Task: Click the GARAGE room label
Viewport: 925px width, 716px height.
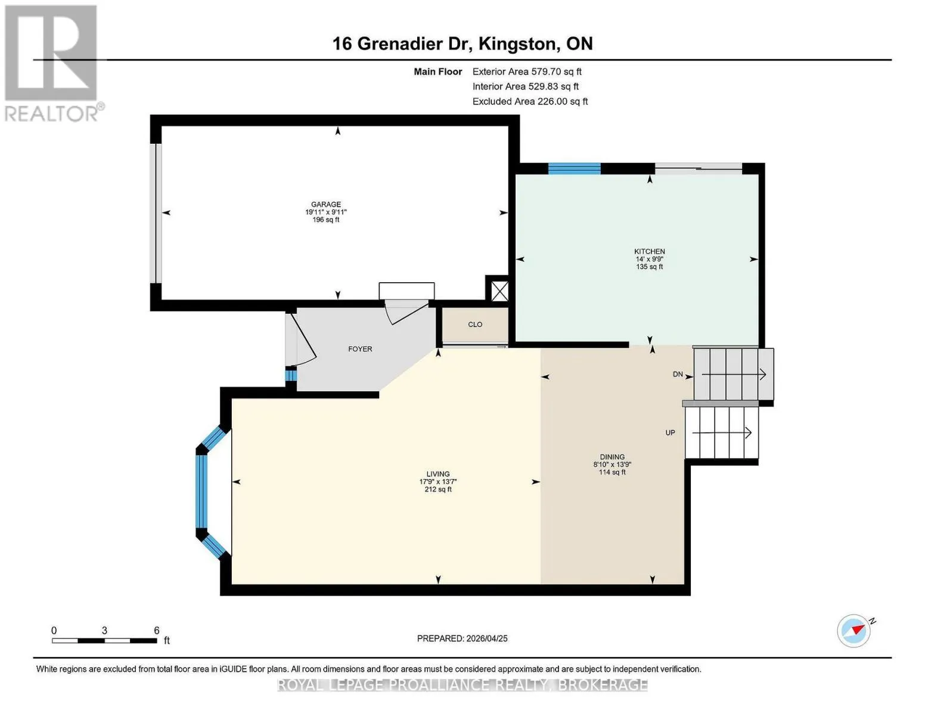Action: [325, 205]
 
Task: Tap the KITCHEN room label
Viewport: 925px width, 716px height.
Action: [649, 251]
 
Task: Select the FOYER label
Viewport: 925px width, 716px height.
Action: [360, 349]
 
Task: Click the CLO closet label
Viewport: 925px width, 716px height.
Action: [475, 325]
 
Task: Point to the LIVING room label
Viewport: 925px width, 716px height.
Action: [438, 474]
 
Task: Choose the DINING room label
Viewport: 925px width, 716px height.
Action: [612, 456]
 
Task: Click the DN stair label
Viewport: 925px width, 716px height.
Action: [678, 374]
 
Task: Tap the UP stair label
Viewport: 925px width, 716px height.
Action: [670, 433]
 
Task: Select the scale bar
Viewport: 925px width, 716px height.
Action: [104, 640]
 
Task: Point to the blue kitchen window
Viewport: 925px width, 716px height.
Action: [574, 169]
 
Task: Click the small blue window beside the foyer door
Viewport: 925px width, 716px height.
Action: [291, 375]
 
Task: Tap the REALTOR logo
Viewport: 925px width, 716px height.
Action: [53, 63]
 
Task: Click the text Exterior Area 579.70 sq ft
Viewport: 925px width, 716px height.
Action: [527, 72]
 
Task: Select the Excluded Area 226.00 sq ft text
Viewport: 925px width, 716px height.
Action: [530, 101]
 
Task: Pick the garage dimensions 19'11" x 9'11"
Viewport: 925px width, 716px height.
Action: [325, 212]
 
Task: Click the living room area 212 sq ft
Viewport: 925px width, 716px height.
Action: [438, 489]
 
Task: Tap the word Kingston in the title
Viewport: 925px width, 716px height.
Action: [519, 44]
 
